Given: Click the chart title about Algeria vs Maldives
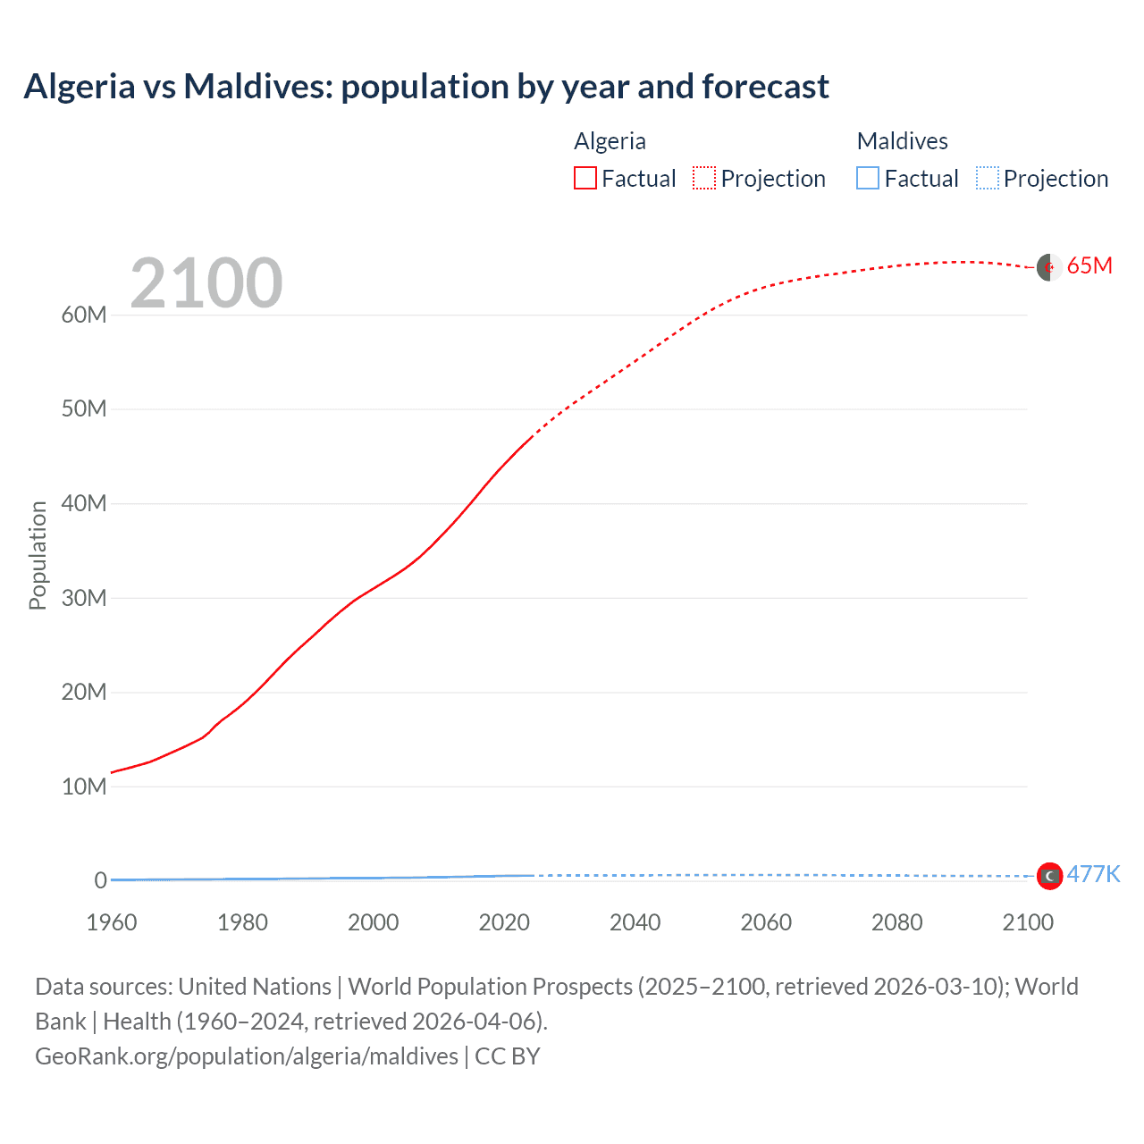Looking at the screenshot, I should pyautogui.click(x=426, y=87).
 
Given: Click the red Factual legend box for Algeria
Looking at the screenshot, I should pyautogui.click(x=585, y=179).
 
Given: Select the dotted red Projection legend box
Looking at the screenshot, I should pyautogui.click(x=704, y=179).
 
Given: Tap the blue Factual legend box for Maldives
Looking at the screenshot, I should pyautogui.click(x=868, y=179).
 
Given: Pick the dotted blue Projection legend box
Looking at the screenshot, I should pyautogui.click(x=987, y=179).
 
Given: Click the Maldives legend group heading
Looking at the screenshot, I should pyautogui.click(x=902, y=141).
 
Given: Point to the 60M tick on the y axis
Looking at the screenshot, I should pyautogui.click(x=84, y=315).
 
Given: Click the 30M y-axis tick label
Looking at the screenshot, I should pyautogui.click(x=84, y=598).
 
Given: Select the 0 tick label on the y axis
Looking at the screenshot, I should pyautogui.click(x=100, y=880).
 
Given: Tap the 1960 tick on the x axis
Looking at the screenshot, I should pyautogui.click(x=112, y=922).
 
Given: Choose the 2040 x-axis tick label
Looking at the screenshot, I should pyautogui.click(x=635, y=922).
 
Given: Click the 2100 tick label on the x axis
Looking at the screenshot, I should pyautogui.click(x=1028, y=922).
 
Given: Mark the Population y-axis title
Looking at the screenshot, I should pyautogui.click(x=38, y=555).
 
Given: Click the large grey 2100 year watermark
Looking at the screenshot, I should pyautogui.click(x=206, y=284).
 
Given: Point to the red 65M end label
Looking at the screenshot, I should pyautogui.click(x=1089, y=265).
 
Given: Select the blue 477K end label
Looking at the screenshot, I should pyautogui.click(x=1093, y=874).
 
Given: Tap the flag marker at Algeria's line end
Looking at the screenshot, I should pyautogui.click(x=1049, y=266).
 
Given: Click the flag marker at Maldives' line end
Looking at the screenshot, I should pyautogui.click(x=1049, y=876).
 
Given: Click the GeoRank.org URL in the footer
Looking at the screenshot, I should pyautogui.click(x=247, y=1056).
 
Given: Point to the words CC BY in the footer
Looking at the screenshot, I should pyautogui.click(x=508, y=1056).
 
